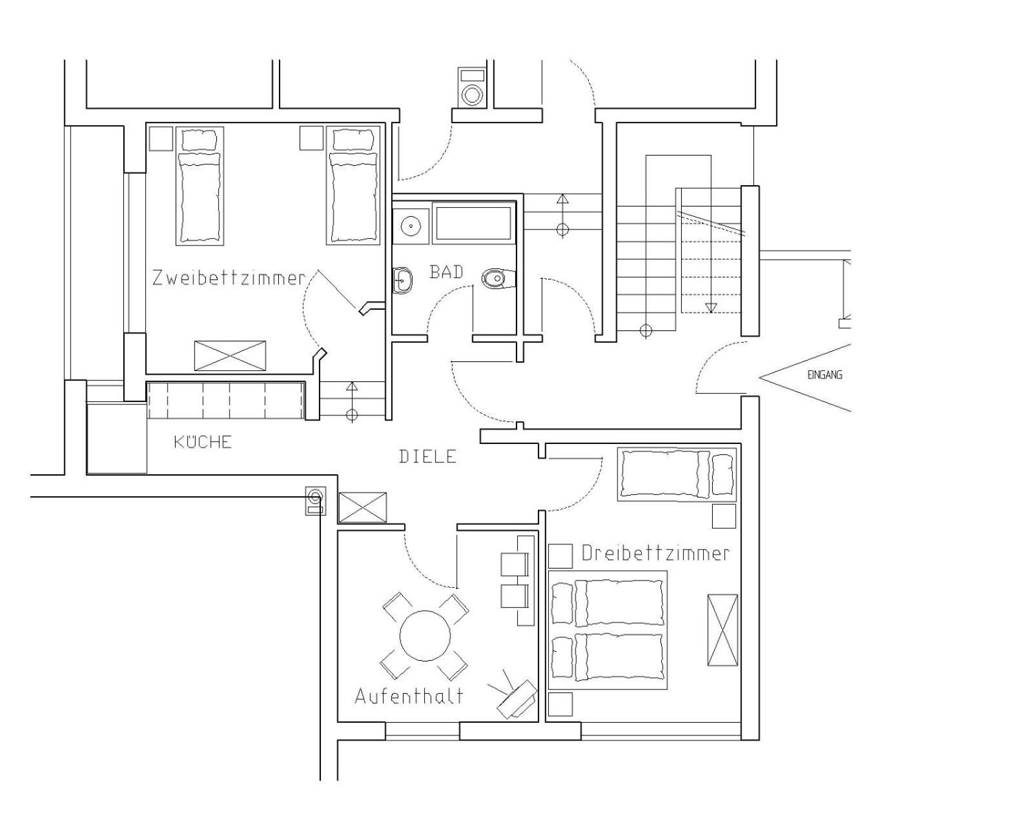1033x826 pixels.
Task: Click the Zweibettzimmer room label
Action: click(x=229, y=278)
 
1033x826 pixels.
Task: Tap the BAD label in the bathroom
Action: click(x=446, y=272)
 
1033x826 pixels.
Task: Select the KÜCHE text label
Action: click(x=203, y=442)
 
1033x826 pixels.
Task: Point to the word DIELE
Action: click(x=427, y=456)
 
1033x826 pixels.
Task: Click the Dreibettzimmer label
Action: click(x=656, y=554)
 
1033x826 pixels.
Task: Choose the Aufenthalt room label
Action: click(x=409, y=696)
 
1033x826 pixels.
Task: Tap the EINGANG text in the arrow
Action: click(x=824, y=375)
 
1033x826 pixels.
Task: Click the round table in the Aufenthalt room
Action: click(x=425, y=636)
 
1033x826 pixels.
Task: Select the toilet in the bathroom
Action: click(x=498, y=278)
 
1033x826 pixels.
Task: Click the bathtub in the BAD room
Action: click(x=473, y=223)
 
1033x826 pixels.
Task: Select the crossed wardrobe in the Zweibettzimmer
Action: click(x=230, y=356)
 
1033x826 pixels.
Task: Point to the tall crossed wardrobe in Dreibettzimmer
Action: click(x=722, y=630)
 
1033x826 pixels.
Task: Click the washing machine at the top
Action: click(x=472, y=87)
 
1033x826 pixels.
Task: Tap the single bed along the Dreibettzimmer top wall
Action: click(x=677, y=474)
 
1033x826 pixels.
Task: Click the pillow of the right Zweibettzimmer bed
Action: click(x=353, y=140)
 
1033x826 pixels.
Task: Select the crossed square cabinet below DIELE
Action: click(x=362, y=507)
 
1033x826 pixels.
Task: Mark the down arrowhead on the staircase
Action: click(x=711, y=308)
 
